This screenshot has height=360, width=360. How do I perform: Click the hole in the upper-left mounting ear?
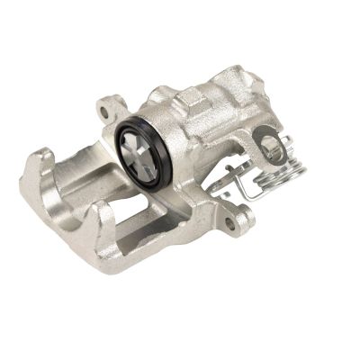coord(109,112)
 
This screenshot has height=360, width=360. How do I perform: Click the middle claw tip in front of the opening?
coord(105,215)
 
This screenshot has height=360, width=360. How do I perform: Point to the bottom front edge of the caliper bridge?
coord(135,256)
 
